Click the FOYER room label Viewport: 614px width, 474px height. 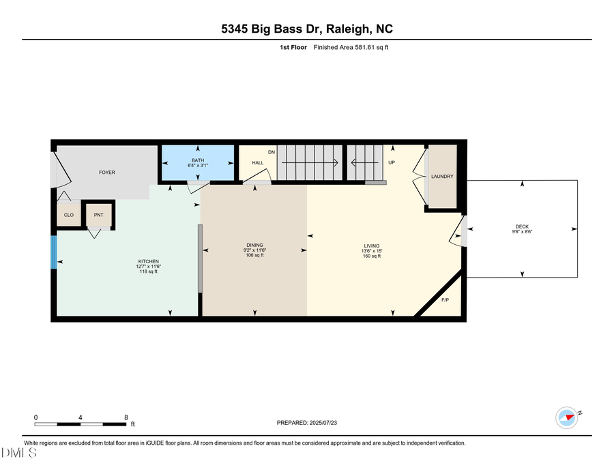(107, 173)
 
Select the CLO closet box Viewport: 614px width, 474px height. (69, 214)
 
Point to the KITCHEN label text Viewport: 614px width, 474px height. (149, 261)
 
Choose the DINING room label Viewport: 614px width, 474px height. (254, 246)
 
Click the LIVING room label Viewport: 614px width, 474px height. (372, 246)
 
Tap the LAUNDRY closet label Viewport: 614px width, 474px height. (442, 177)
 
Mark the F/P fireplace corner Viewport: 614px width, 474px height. (445, 300)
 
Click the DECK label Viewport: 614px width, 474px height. (522, 227)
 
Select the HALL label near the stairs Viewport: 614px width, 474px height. (258, 163)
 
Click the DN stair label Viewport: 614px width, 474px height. (271, 151)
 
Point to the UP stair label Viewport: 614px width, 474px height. (392, 163)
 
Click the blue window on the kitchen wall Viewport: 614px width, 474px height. (54, 252)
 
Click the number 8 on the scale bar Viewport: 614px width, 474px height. (126, 417)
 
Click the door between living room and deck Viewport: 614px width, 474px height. (460, 231)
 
